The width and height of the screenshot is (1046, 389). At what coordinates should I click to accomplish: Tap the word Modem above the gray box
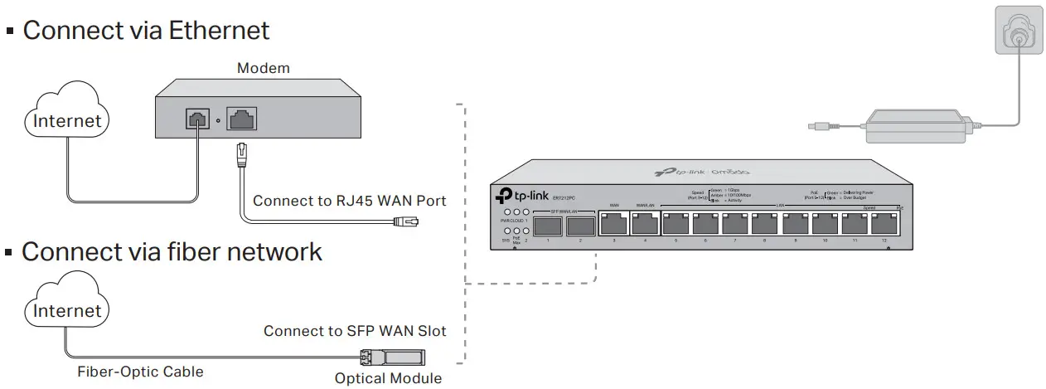coord(264,68)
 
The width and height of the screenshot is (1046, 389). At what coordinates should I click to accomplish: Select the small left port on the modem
coord(197,119)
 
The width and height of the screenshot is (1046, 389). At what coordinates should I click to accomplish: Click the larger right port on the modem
coord(241,119)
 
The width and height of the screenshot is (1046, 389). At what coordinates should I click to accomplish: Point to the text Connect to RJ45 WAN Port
coord(349,201)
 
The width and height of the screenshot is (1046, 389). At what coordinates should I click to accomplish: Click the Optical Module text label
coord(388,378)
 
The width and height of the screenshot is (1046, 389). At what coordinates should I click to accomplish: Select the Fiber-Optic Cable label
coord(140,371)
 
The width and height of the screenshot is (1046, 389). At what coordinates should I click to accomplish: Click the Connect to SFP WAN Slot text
coord(355,331)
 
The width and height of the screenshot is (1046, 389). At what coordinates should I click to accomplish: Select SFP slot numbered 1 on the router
coord(548,224)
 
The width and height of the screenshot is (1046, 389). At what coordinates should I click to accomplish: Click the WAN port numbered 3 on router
coord(614,223)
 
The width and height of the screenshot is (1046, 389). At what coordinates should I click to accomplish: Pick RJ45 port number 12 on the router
coord(884,223)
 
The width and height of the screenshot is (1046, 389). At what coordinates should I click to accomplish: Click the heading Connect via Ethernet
coord(146,31)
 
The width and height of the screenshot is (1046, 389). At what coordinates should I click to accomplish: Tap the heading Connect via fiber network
coord(172,251)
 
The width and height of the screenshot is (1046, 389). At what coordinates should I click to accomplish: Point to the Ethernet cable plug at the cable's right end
coord(406,221)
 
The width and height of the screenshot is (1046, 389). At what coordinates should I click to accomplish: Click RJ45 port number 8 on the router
coord(764,223)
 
